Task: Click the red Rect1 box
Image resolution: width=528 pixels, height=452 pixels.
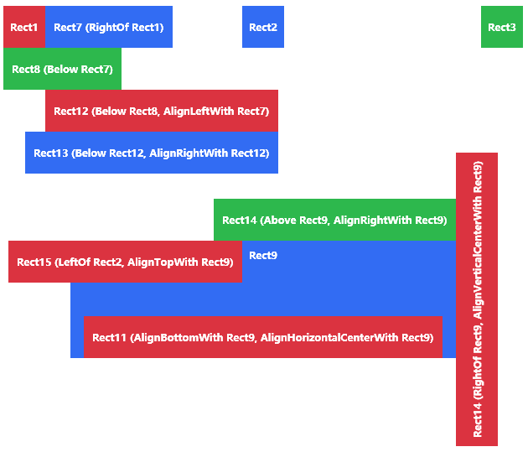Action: pos(23,27)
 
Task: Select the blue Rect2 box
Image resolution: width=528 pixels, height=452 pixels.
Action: pos(263,27)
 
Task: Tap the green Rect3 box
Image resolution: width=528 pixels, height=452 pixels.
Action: pos(501,27)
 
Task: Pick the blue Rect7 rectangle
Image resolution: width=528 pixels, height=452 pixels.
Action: pos(109,27)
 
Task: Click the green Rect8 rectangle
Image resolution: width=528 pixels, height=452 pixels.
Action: pos(62,69)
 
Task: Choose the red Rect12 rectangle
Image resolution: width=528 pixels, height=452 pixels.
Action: pos(161,111)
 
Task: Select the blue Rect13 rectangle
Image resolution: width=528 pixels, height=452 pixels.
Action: pos(151,153)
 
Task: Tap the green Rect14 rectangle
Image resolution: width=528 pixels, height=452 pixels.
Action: pos(334,220)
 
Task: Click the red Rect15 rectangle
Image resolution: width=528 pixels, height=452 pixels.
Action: pos(125,262)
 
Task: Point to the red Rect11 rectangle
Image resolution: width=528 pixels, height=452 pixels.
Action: pos(262,337)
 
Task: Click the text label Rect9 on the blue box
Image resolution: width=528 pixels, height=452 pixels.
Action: pos(263,256)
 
